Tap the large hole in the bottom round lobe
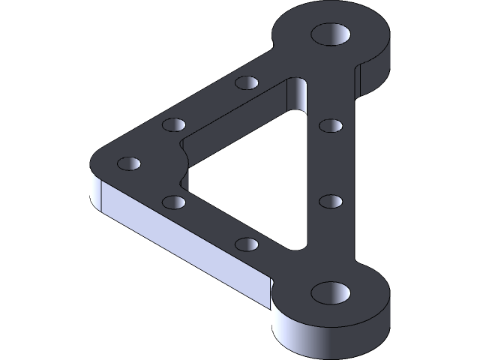point(331,292)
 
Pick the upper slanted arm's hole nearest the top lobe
point(246,82)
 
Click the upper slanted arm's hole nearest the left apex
point(173,124)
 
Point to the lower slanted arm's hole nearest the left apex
point(173,202)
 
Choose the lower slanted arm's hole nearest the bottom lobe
point(246,244)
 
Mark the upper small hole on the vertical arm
point(331,124)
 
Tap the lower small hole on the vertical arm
point(331,201)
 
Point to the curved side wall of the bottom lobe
point(330,337)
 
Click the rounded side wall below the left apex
point(95,191)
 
